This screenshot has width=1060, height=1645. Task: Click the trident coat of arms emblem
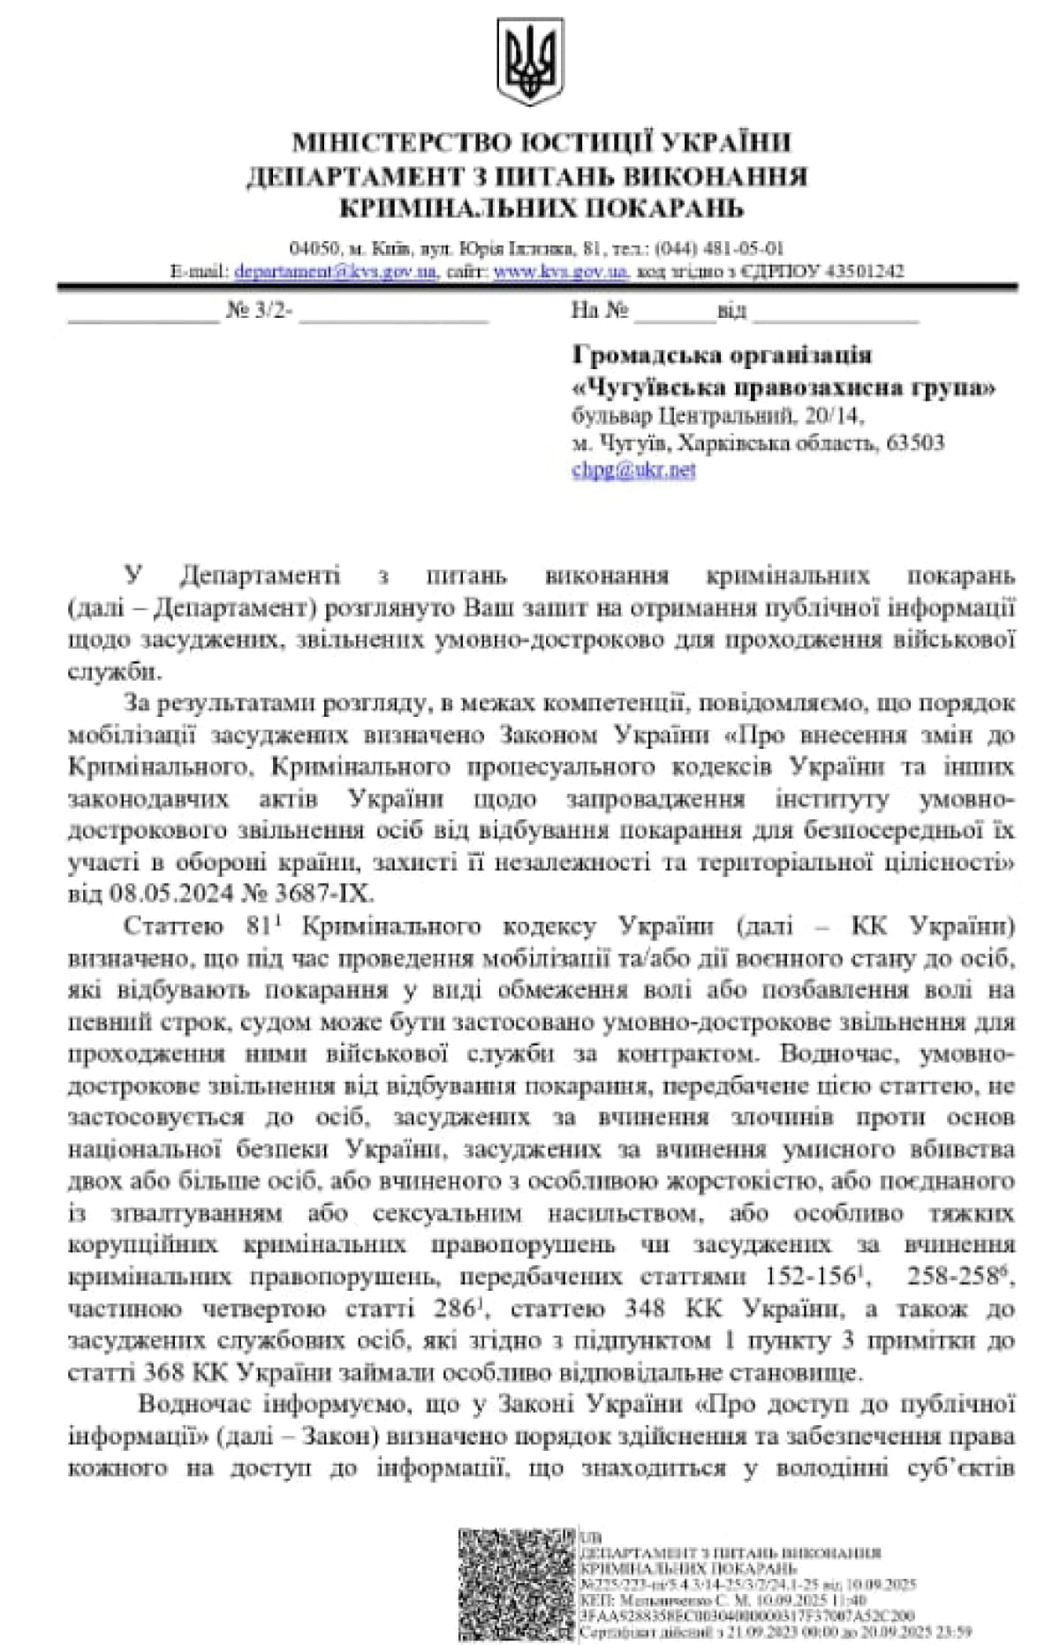coord(529,63)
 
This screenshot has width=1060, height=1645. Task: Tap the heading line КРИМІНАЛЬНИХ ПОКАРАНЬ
coord(541,208)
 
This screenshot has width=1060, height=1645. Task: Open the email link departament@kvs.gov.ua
coord(336,271)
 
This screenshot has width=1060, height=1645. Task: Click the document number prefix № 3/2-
coord(260,311)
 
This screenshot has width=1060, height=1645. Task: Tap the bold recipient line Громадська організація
coord(722,355)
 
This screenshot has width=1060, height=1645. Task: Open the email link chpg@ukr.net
coord(633,470)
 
